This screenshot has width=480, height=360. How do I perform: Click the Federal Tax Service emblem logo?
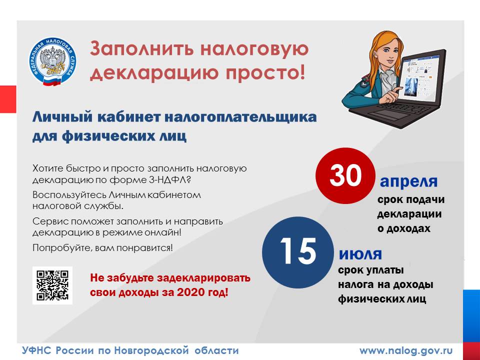pyautogui.click(x=52, y=61)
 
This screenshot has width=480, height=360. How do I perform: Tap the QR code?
pyautogui.click(x=52, y=285)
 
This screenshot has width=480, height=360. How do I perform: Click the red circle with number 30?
pyautogui.click(x=345, y=175)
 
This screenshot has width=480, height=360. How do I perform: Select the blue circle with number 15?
pyautogui.click(x=298, y=252)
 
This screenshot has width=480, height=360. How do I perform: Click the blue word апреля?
pyautogui.click(x=408, y=182)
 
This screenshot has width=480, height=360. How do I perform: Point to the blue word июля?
pyautogui.click(x=360, y=254)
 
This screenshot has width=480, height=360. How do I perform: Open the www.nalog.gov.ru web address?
pyautogui.click(x=406, y=350)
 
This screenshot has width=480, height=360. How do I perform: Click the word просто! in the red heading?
pyautogui.click(x=265, y=72)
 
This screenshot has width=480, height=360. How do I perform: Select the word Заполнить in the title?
pyautogui.click(x=142, y=49)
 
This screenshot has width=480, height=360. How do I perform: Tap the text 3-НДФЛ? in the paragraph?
pyautogui.click(x=170, y=179)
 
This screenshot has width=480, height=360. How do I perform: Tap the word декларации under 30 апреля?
pyautogui.click(x=409, y=214)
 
